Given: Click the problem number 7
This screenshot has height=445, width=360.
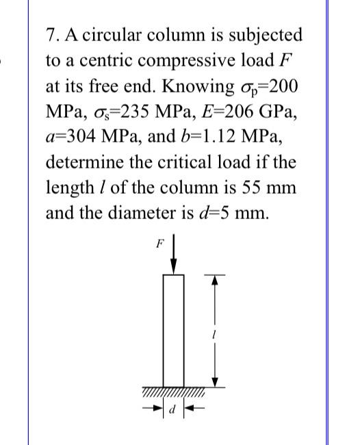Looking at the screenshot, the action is point(51,34).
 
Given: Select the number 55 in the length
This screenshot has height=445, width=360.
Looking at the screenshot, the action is point(249,189).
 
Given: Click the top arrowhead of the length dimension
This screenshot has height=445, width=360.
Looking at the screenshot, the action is point(214,278).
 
